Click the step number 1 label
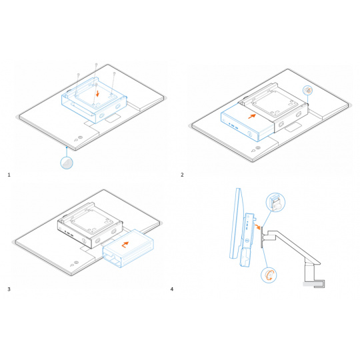pos(9,175)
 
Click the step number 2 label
pos(182,175)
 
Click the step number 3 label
pos(9,289)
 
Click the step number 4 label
pos(172,289)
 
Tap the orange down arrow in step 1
pos(98,93)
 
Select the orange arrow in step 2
pos(252,116)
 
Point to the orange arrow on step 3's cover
pos(125,245)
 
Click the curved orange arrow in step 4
pos(258,227)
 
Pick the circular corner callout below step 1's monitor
pos(67,163)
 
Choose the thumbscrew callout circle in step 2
pos(307,90)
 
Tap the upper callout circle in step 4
pos(275,203)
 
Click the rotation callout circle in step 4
pos(269,275)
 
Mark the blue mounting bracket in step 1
pos(94,100)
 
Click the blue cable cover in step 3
pos(128,249)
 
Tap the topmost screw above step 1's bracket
pos(97,65)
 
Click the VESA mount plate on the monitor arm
pos(261,237)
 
